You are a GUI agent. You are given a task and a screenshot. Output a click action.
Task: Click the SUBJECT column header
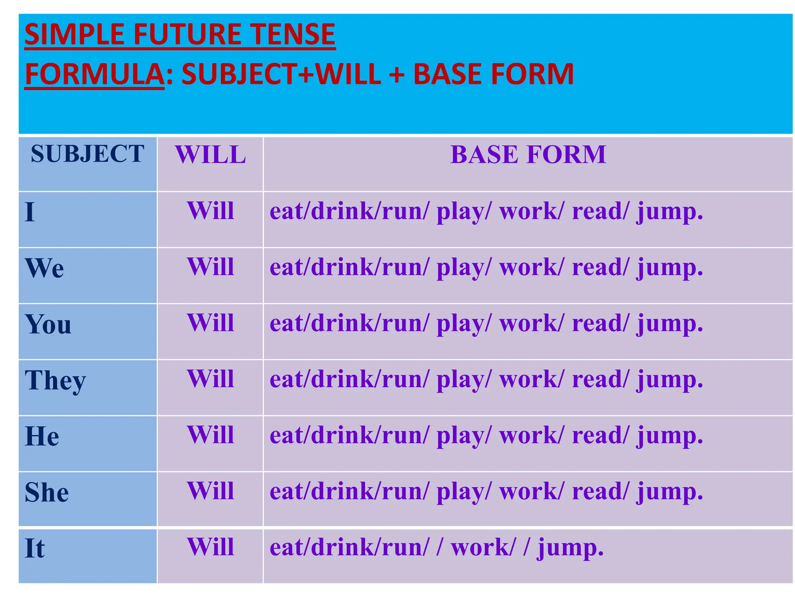(87, 154)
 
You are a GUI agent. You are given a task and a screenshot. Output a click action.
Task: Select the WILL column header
(210, 155)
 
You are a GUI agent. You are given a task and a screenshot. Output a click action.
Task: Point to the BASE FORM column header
(528, 155)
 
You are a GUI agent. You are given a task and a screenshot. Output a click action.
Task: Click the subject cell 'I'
(30, 212)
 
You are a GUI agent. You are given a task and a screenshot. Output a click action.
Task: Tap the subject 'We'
(44, 268)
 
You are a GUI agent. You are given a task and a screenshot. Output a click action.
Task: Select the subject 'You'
(48, 324)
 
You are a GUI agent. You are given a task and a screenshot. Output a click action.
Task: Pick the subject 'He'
(42, 436)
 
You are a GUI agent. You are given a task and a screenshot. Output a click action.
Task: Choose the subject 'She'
(47, 492)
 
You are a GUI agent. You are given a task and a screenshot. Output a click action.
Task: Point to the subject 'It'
(35, 548)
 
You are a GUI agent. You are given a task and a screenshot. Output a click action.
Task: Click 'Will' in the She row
(210, 491)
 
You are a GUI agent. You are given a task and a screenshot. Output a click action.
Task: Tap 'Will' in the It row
(210, 547)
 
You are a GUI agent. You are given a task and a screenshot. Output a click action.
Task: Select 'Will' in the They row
(210, 379)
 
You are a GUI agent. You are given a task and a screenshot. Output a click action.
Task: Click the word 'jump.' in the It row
(570, 548)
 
